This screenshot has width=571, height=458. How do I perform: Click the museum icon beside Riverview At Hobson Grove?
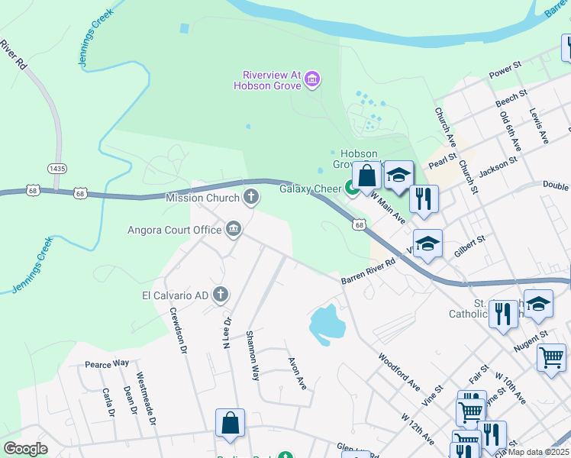[311, 79]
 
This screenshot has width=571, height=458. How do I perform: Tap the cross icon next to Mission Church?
[250, 198]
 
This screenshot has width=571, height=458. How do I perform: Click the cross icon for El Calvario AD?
[221, 295]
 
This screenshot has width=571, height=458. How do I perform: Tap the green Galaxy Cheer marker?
[352, 188]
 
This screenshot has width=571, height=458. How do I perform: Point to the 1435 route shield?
[56, 168]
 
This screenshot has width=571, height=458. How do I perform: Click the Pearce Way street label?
[107, 365]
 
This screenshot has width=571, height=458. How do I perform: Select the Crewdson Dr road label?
[178, 331]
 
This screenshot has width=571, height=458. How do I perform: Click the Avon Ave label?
[297, 373]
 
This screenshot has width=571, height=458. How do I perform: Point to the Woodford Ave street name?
[399, 370]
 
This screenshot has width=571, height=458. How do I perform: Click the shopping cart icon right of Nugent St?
[551, 356]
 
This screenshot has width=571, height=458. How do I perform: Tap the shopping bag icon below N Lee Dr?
[230, 423]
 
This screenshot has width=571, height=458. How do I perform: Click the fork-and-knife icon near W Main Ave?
[423, 198]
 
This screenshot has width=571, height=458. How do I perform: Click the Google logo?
[26, 449]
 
